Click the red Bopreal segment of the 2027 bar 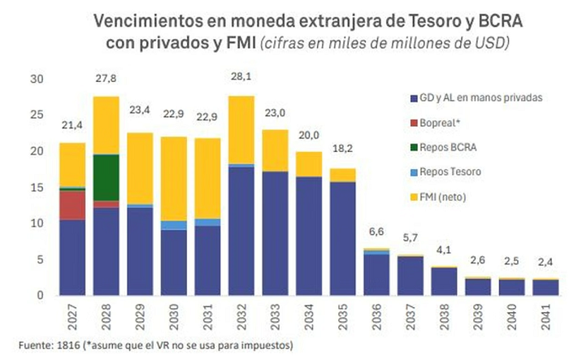[x=72, y=206]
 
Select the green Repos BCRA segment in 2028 [x=106, y=177]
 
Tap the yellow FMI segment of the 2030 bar [x=174, y=179]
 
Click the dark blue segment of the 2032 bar [x=241, y=231]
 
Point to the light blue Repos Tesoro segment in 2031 [x=207, y=223]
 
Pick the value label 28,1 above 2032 [x=241, y=76]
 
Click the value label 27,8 [x=106, y=79]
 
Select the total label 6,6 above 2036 [x=376, y=232]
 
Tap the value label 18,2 [x=342, y=149]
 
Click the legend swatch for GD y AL [x=414, y=98]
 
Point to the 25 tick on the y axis [x=37, y=115]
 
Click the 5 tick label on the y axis [x=40, y=260]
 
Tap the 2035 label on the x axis [x=342, y=317]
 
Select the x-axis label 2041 [x=545, y=317]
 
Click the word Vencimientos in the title [x=148, y=21]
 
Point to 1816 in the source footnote [x=68, y=345]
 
